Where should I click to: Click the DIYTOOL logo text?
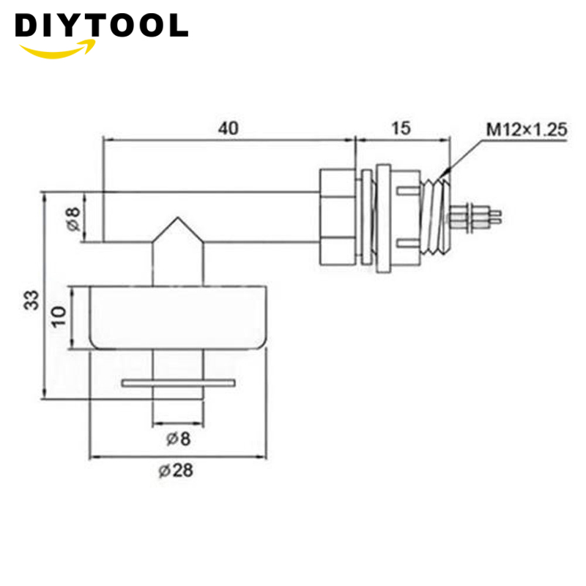(101, 26)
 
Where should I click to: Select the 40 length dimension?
(228, 127)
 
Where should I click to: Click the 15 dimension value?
(401, 127)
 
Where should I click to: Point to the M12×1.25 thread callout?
(527, 130)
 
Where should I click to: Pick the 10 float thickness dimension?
(59, 317)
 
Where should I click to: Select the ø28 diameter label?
(176, 471)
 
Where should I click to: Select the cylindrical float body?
(176, 317)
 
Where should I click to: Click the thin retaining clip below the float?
(179, 382)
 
